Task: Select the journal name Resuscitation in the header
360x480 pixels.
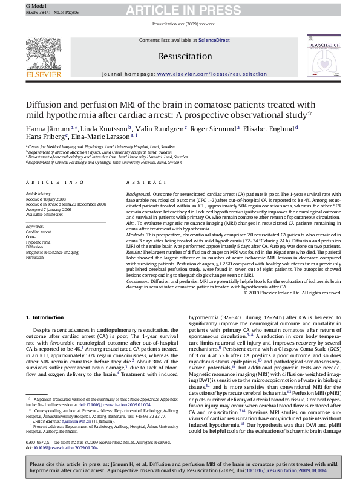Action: (180, 56)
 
